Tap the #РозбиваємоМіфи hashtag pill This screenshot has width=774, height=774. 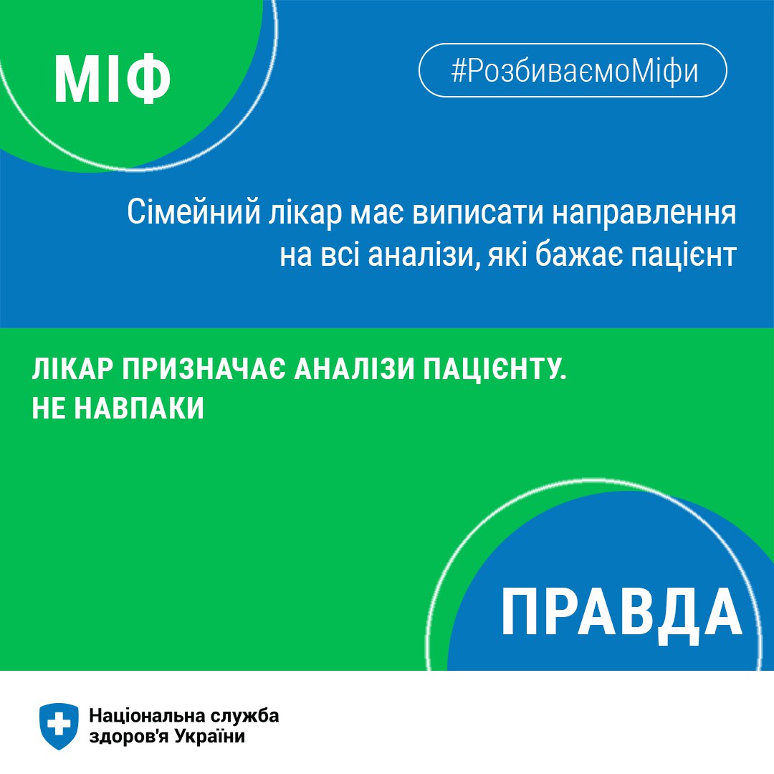coord(573,70)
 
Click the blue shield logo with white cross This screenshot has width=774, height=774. coord(59,726)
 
